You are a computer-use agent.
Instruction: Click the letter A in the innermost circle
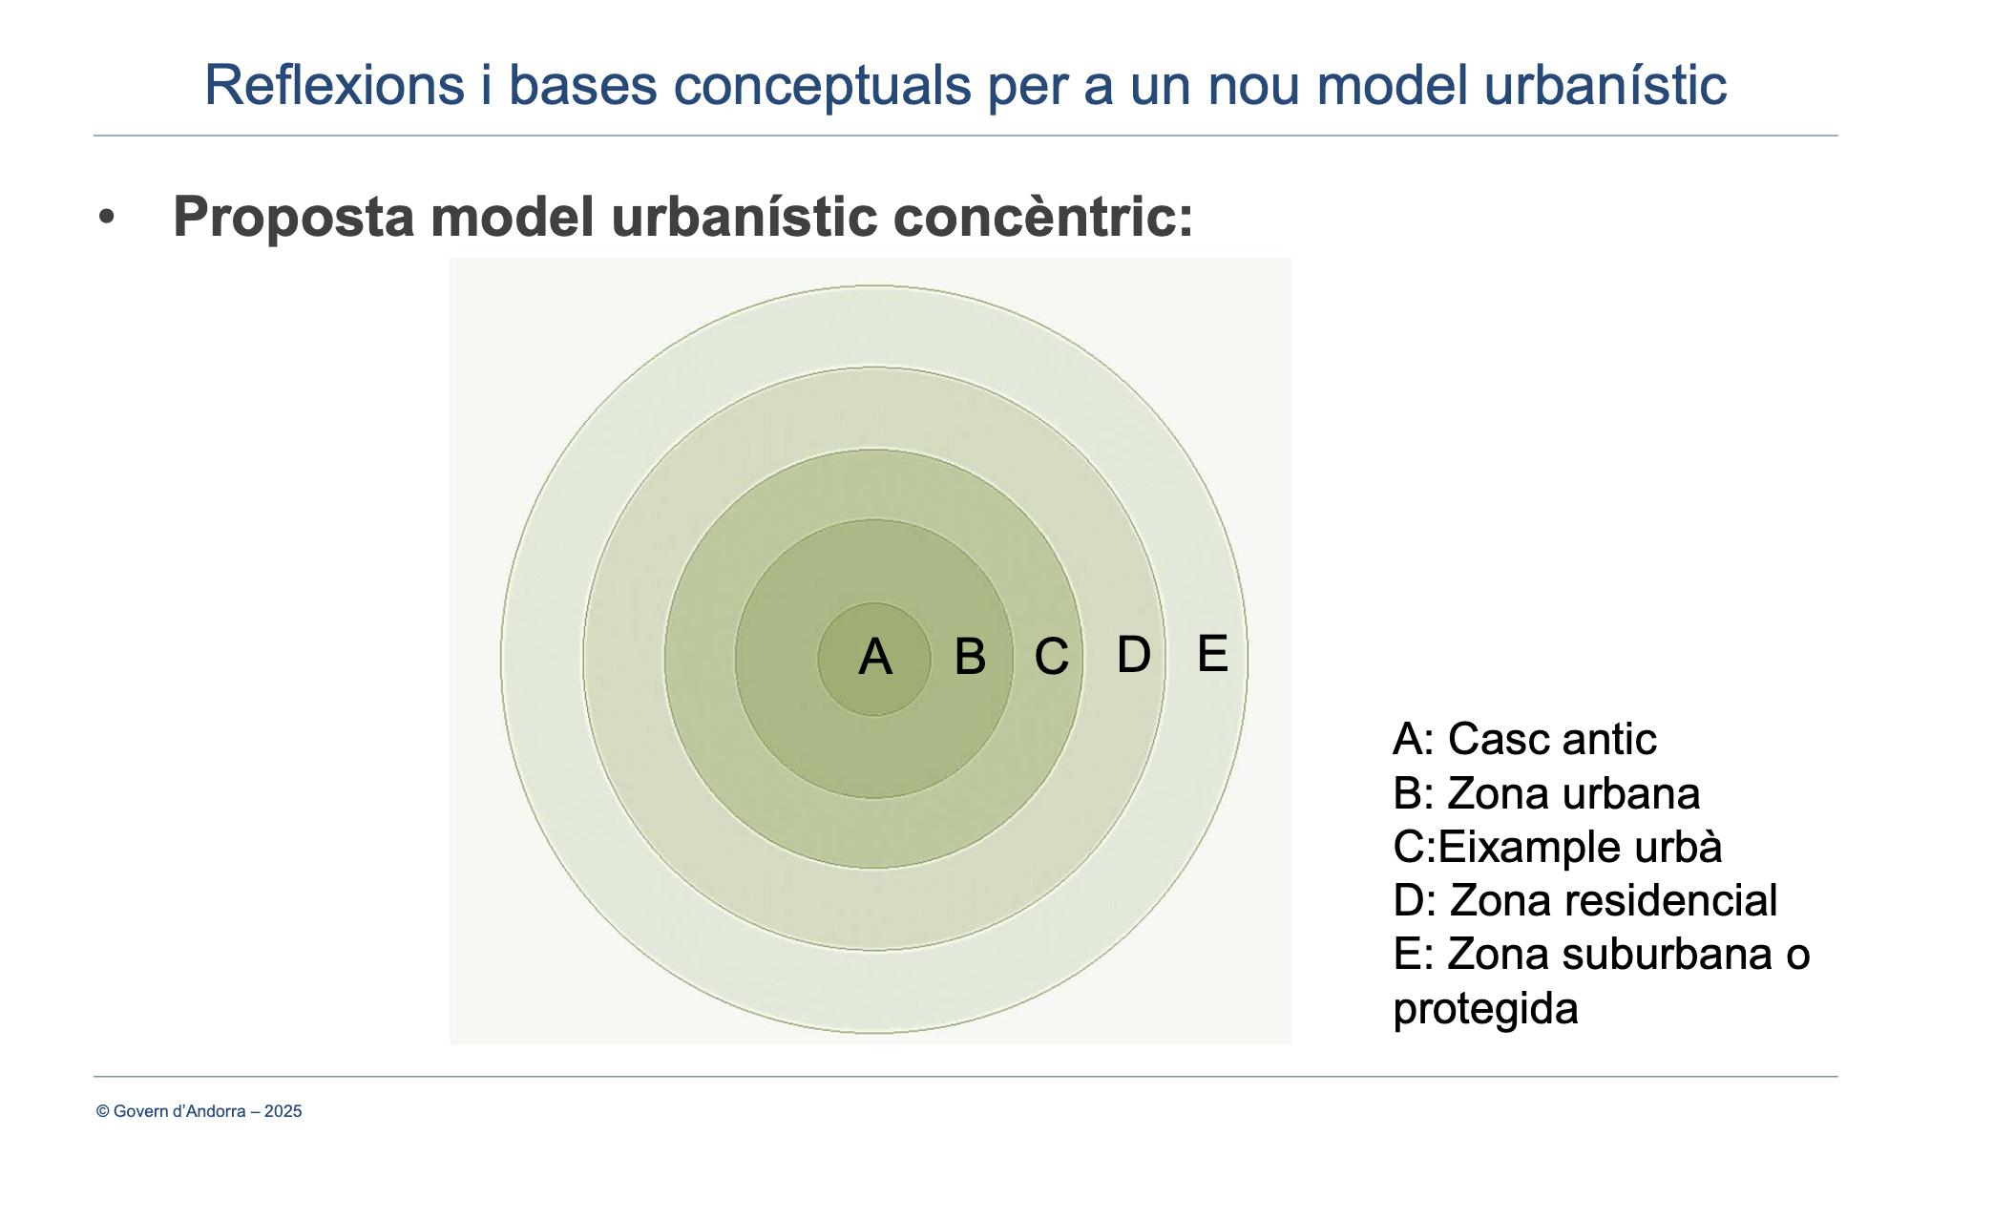[875, 657]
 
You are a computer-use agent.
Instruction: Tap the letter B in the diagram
[970, 657]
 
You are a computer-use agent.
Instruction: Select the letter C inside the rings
[1052, 657]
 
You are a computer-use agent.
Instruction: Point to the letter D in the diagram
[1134, 655]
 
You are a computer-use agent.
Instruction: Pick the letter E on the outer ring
[1212, 654]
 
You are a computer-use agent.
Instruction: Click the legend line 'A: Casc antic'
[1524, 739]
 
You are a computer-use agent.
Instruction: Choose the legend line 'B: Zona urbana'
[1546, 793]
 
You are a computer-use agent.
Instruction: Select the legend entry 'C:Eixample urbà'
[1558, 847]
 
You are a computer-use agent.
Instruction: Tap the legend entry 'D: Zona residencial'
[1585, 900]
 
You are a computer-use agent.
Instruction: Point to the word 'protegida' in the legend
[1485, 1010]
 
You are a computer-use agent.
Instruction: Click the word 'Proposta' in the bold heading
[294, 218]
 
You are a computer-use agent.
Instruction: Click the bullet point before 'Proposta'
[106, 218]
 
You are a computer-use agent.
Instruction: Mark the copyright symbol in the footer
[103, 1111]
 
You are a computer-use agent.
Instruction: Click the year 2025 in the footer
[283, 1111]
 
